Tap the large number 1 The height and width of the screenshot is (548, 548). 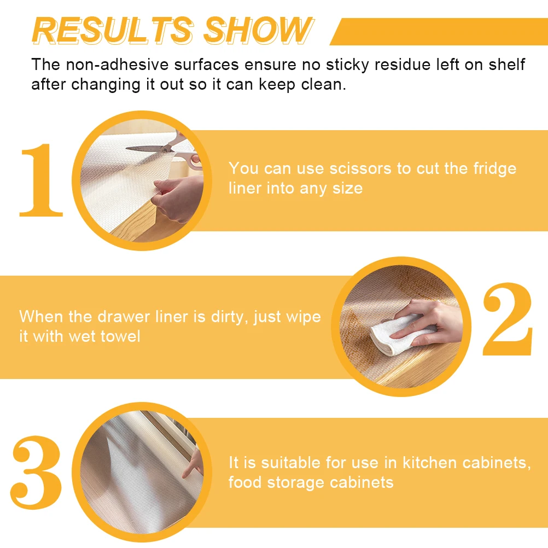41,180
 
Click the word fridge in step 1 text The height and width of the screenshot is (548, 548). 492,168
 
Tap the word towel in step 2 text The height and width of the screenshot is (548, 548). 120,336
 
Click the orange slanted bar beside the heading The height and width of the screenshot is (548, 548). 438,31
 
